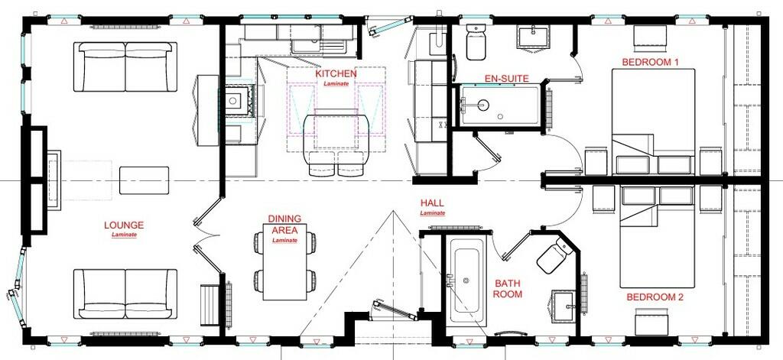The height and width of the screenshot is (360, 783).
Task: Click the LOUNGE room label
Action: pos(124,225)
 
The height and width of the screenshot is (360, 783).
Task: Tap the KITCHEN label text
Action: pos(336,74)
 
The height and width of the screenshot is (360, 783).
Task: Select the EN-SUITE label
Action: pos(506,79)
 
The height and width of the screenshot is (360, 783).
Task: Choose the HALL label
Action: pos(432,203)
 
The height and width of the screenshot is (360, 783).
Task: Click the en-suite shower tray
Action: pos(499,105)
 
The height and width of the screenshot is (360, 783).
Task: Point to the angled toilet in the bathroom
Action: pos(555,255)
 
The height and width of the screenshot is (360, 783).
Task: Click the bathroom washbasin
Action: pos(564,304)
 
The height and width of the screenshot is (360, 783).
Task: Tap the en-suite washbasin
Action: pos(532,37)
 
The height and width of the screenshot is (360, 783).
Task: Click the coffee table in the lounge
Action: pos(144,180)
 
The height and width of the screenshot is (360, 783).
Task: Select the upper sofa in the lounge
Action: pos(125,66)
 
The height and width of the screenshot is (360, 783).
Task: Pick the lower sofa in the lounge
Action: pos(125,294)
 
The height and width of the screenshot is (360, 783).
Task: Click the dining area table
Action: pos(284,262)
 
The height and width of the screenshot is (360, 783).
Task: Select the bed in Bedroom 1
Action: pos(653,122)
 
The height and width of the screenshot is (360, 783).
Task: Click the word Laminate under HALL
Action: pos(433,213)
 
